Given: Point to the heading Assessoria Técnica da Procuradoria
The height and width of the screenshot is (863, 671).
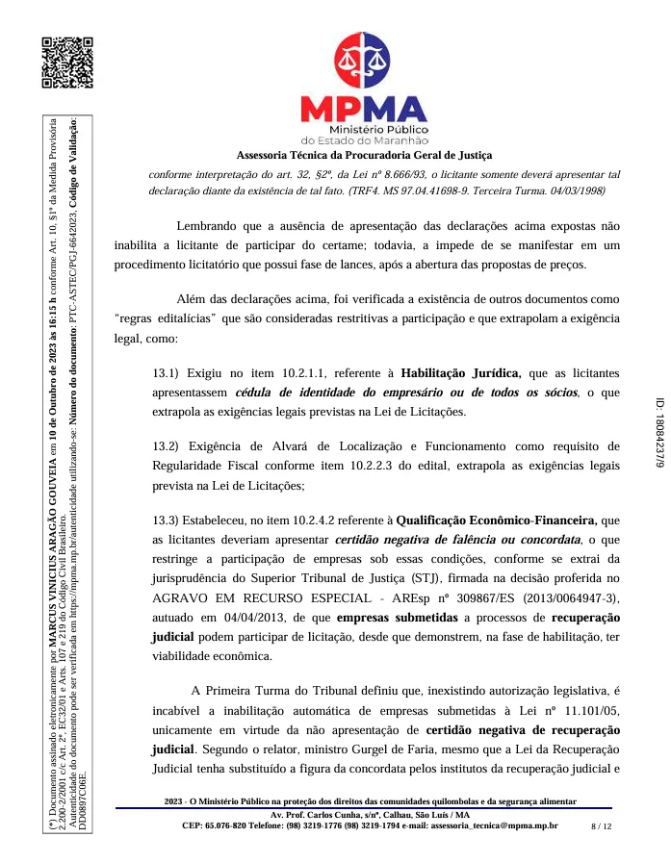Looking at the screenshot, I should tap(364, 155).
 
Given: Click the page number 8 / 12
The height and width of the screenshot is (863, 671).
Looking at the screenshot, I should tap(601, 825).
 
